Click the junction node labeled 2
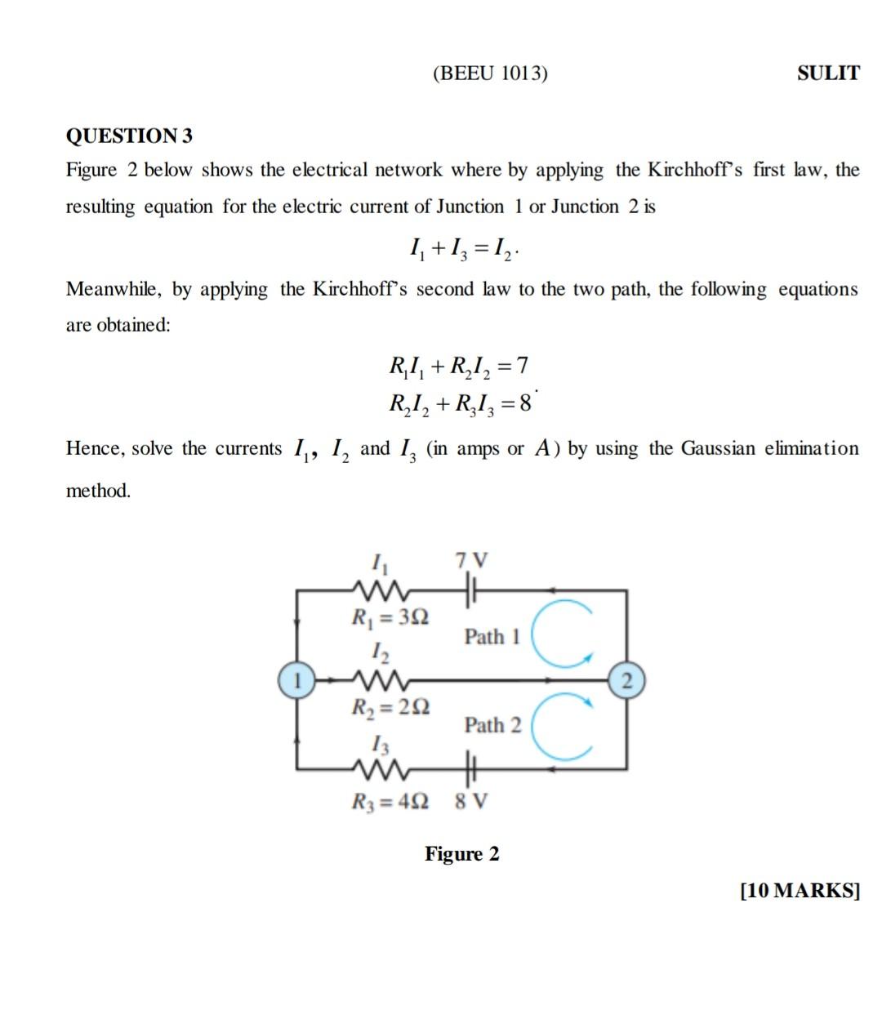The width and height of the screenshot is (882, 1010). (x=626, y=680)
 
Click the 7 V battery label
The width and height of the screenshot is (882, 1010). (x=471, y=561)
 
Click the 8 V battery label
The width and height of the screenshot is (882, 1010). (x=471, y=801)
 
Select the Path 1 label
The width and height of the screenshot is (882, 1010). (x=492, y=637)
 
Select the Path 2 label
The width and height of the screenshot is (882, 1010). (x=492, y=725)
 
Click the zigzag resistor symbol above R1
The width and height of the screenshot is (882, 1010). (x=377, y=589)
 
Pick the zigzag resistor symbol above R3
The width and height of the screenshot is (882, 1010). (x=377, y=768)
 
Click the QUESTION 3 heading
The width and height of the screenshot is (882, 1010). (x=129, y=136)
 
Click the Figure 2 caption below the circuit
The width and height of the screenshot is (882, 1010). (x=461, y=854)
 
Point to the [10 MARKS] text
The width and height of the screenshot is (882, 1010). (x=800, y=890)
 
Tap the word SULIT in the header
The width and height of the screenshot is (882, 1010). (x=828, y=73)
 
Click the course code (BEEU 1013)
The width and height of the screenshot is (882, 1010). (x=490, y=73)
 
